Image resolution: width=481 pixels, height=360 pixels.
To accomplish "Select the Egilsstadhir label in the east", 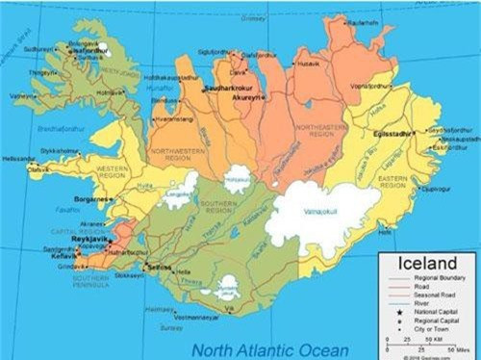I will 392,137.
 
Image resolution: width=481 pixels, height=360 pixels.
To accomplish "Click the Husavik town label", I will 310,64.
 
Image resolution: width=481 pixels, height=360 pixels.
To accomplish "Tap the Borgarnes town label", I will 92,198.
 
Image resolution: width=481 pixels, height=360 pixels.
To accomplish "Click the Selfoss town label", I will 159,267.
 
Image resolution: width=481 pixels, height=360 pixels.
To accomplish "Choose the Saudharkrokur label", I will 226,88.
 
